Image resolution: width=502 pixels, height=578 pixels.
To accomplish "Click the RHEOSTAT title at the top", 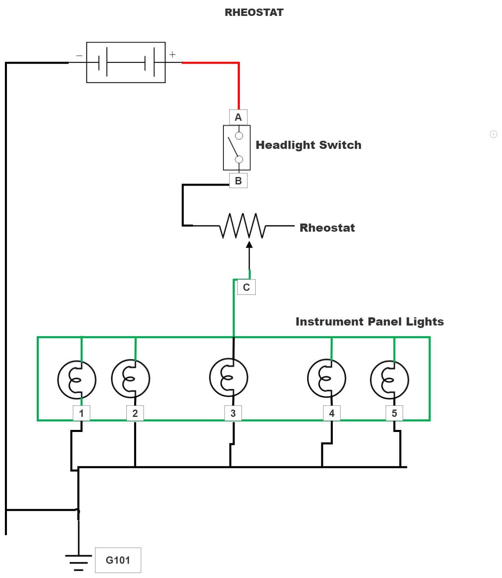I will click(x=254, y=12).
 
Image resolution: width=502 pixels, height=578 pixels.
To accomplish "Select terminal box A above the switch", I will click(x=238, y=117).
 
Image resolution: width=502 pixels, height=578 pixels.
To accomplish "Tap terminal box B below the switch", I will click(x=238, y=180).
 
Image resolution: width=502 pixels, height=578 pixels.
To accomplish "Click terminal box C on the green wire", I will click(x=246, y=287).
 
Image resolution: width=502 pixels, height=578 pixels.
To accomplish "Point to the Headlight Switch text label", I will click(x=308, y=145).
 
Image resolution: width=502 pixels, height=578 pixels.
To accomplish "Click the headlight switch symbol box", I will click(x=237, y=148).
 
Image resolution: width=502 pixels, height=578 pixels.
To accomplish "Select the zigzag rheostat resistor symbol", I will click(x=243, y=226).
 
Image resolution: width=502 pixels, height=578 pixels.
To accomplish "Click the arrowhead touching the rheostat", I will click(x=249, y=245).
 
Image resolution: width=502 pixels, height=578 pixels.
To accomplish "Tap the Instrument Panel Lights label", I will click(x=369, y=321).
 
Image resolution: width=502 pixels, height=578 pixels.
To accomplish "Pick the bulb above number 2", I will click(x=130, y=379).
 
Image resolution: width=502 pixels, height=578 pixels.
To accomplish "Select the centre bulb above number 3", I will click(x=229, y=377).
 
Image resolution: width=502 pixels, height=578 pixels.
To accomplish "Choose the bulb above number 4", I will click(x=327, y=379).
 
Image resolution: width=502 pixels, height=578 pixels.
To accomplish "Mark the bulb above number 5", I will click(x=389, y=380).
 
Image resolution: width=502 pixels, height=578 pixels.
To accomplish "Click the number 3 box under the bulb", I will click(x=233, y=413).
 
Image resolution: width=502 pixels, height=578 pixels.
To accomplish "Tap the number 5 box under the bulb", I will click(x=394, y=413).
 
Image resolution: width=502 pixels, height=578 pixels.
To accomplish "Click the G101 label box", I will click(x=118, y=560).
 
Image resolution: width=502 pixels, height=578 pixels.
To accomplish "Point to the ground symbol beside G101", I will click(x=79, y=561).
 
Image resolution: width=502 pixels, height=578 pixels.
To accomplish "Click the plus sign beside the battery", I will click(x=172, y=54).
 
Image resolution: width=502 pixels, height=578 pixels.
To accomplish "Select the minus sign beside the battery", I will click(x=79, y=56).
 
